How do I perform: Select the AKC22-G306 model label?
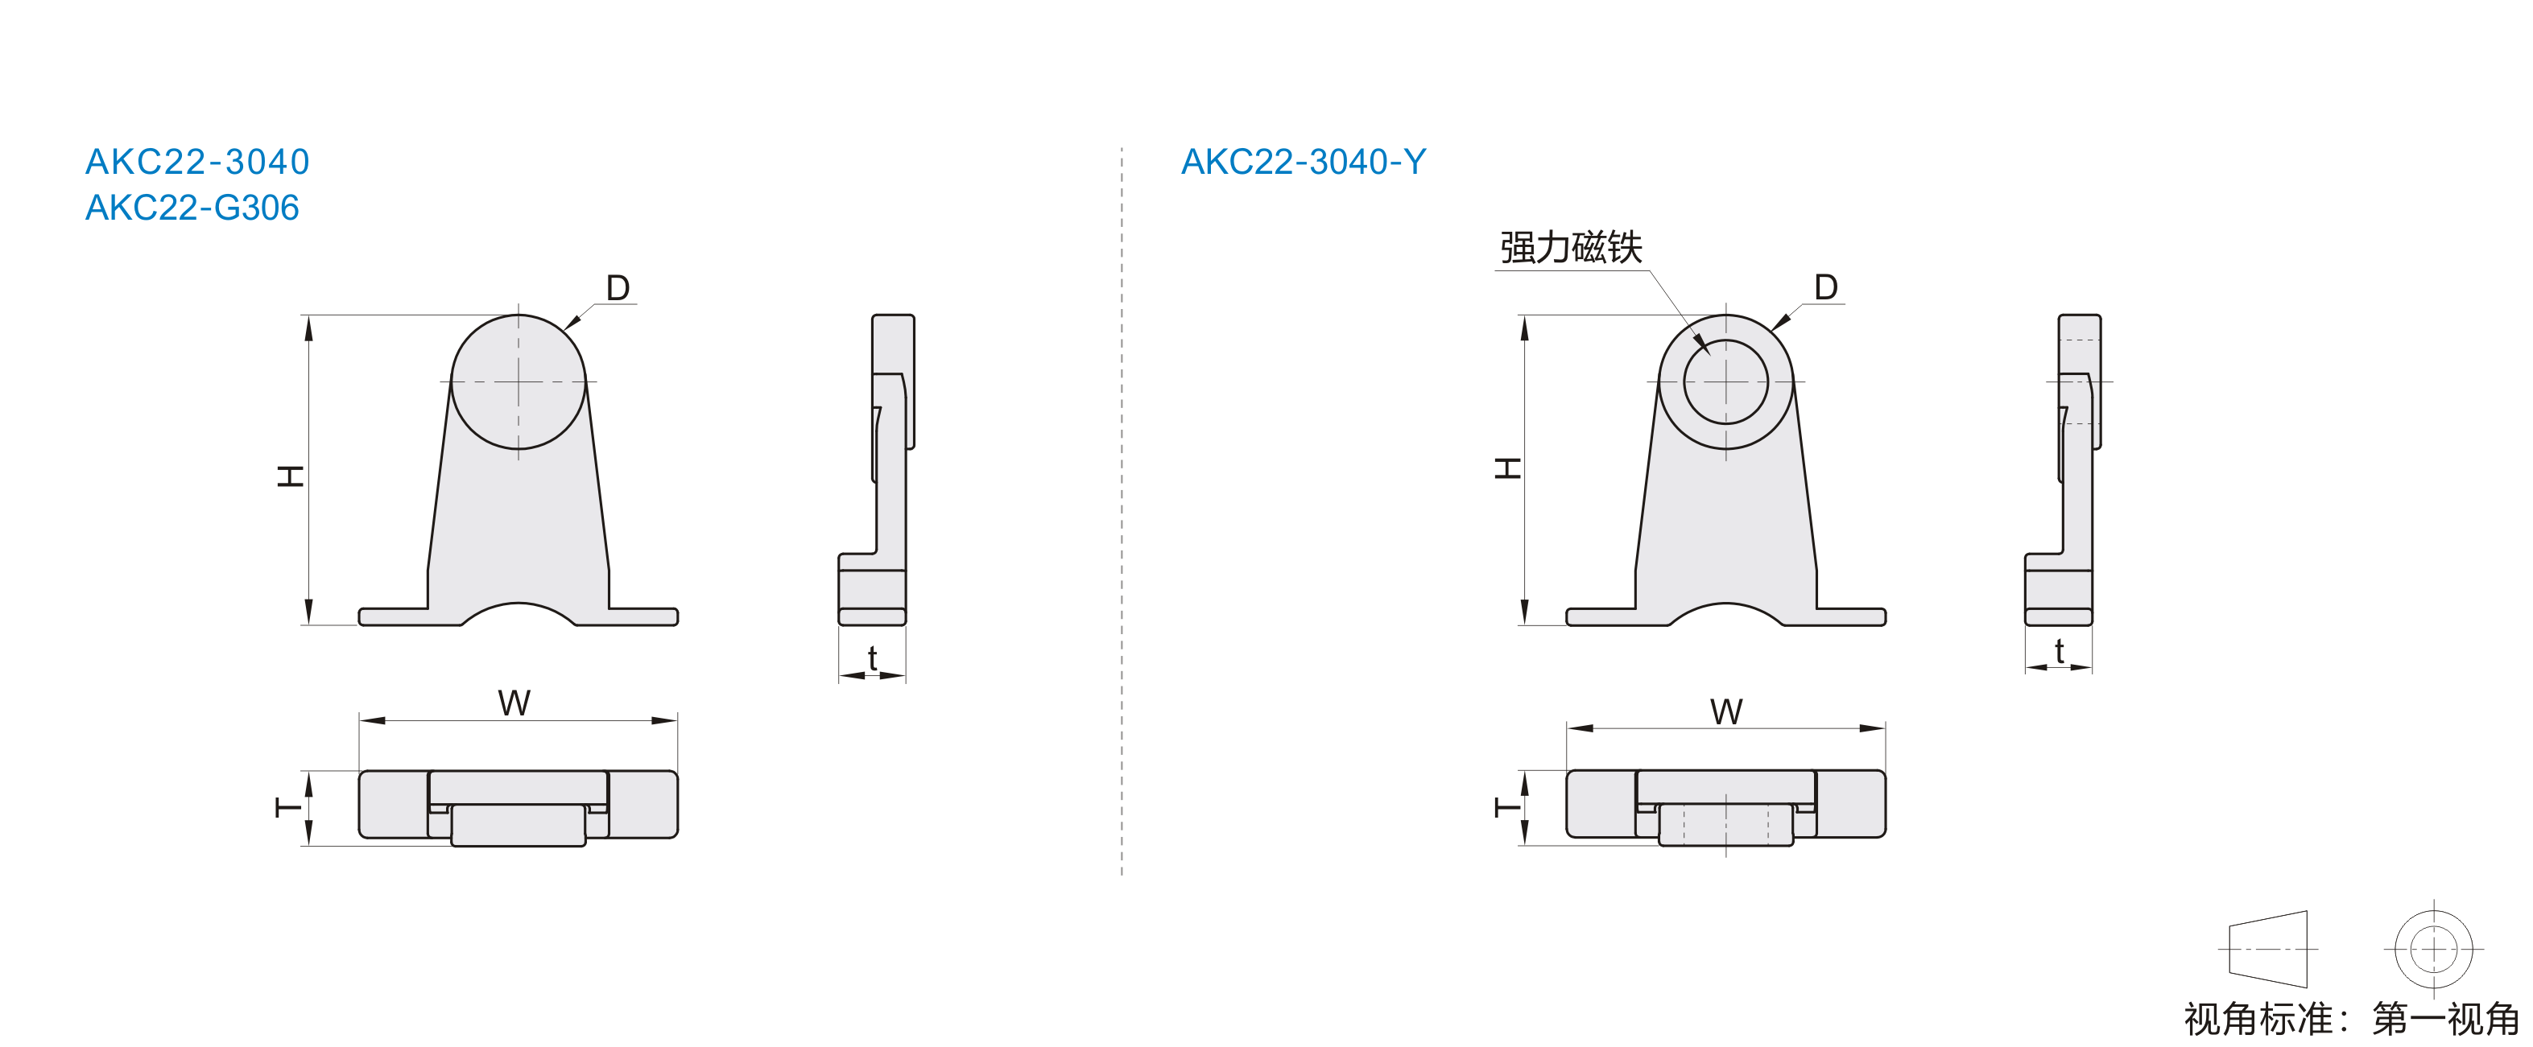coord(192,208)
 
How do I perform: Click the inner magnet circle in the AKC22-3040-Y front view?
coord(1725,340)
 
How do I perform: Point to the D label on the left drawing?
coord(618,288)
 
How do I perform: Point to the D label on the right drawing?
coord(1826,287)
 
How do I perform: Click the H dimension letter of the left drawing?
coord(290,476)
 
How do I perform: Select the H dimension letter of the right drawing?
coord(1507,468)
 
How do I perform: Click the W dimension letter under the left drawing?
coord(514,703)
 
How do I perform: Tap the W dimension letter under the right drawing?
coord(1727,711)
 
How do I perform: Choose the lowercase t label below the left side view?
coord(872,657)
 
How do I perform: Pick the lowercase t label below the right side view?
coord(2059,651)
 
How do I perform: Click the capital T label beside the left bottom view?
coord(289,808)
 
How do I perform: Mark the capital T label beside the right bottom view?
coord(1507,808)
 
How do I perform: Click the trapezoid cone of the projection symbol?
coord(2267,949)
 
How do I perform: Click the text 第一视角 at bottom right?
coord(2445,1020)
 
